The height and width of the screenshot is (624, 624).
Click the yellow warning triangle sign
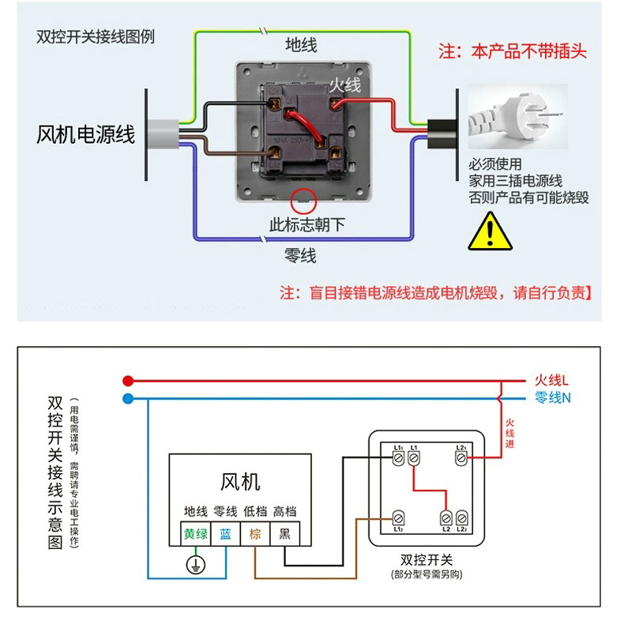[x=491, y=230]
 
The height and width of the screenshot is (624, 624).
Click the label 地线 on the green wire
[x=301, y=45]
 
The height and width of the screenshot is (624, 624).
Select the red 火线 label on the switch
[x=345, y=85]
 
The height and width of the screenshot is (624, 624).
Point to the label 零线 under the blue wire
[x=300, y=256]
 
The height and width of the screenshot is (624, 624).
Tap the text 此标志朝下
[x=307, y=224]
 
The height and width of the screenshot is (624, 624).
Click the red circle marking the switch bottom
[x=303, y=199]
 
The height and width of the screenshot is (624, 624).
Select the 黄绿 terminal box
[x=196, y=533]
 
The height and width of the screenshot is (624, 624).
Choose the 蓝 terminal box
[x=226, y=533]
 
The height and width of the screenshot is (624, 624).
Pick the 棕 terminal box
[x=255, y=533]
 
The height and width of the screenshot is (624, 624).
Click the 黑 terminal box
[x=284, y=533]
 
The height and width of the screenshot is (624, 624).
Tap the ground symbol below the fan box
[x=194, y=564]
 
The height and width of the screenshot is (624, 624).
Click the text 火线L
[x=552, y=380]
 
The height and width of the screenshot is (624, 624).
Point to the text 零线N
[x=553, y=398]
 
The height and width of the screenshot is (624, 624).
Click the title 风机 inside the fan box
[x=240, y=481]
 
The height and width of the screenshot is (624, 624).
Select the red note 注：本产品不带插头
[x=513, y=52]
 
